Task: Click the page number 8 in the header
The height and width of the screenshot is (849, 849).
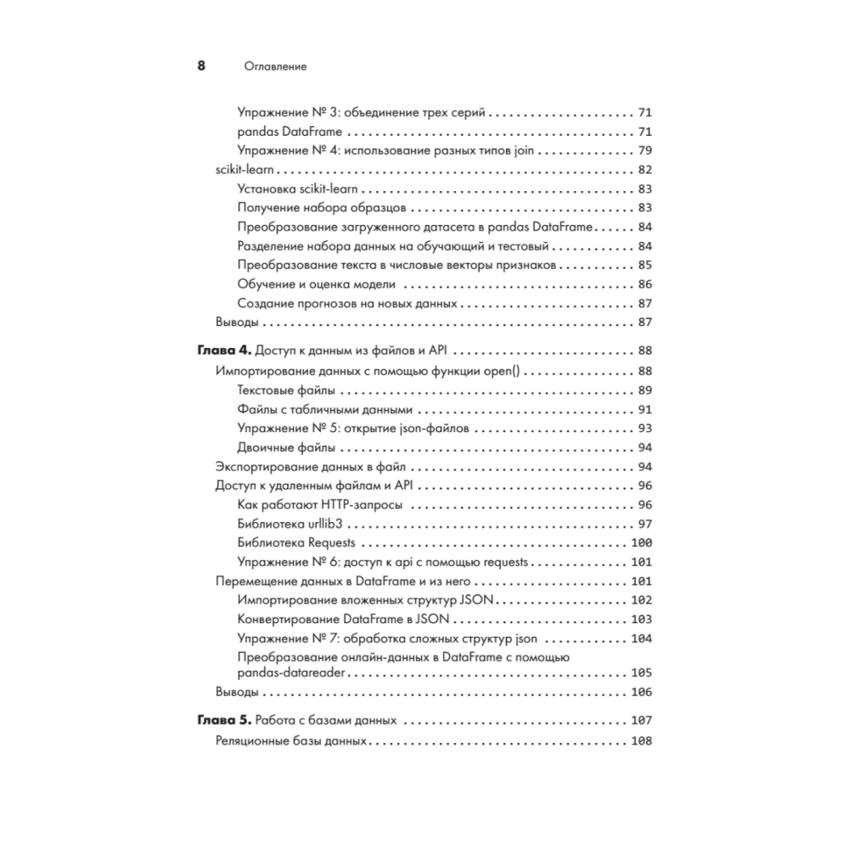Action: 201,66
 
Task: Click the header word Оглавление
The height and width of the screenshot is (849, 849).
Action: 274,67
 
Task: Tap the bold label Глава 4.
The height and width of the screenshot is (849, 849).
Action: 225,351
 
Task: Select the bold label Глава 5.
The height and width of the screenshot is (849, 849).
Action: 225,721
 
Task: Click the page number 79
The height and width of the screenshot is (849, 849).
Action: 644,151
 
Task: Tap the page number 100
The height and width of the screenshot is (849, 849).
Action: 640,543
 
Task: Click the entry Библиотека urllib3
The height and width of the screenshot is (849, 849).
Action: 290,524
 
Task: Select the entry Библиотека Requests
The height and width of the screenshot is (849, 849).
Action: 296,543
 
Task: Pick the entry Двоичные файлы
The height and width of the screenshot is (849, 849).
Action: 286,447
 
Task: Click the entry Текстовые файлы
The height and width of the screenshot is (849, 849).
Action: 286,390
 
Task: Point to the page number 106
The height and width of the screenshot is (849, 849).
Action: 640,691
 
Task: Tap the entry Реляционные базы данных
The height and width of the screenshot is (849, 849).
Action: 291,740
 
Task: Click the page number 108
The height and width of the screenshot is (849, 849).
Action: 640,740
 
